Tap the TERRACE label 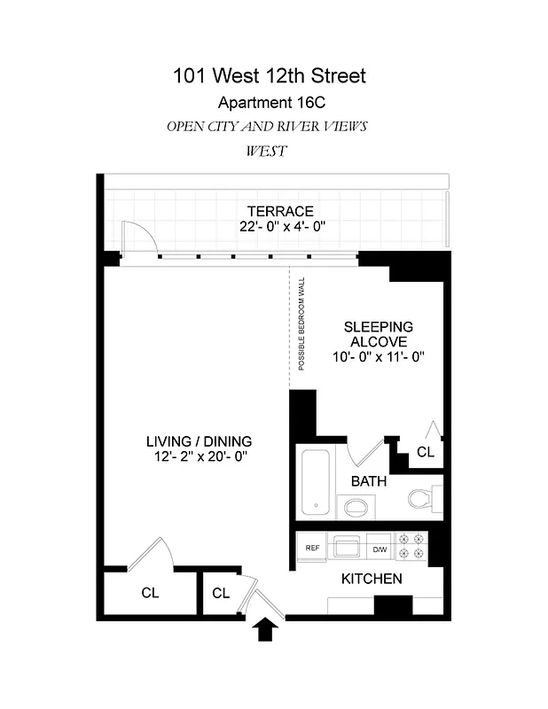coord(280,211)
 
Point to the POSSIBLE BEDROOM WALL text coord(301,323)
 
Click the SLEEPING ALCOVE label coord(378,334)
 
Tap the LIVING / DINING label coord(199,440)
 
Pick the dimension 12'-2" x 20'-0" coord(199,456)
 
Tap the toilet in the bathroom coord(424,498)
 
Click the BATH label coord(368,482)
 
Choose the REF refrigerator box coord(312,549)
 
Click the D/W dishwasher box coord(379,549)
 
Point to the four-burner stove coord(411,546)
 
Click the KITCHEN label coord(372,579)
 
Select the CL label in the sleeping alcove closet coord(426,451)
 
